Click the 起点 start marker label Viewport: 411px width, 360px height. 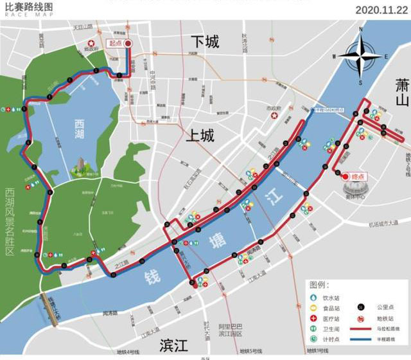point(116,43)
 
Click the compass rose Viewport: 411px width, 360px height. point(361,56)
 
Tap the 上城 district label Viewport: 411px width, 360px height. point(200,135)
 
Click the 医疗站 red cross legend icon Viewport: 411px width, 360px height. point(314,319)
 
